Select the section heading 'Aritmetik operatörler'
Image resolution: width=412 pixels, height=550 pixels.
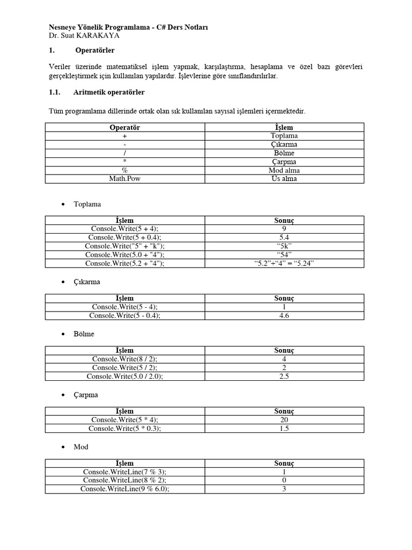point(109,92)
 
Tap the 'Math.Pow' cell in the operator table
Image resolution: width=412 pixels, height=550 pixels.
point(124,179)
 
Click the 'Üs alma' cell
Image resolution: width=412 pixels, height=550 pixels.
point(284,179)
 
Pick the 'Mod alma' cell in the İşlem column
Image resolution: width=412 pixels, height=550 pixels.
point(284,170)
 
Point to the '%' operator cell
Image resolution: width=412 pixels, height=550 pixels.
point(124,170)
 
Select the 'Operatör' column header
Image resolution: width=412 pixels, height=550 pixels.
point(124,127)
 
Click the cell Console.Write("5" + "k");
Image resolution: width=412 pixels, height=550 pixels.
point(124,246)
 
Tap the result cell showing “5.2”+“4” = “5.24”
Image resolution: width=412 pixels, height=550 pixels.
point(284,263)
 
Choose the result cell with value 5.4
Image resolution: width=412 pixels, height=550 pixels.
point(284,237)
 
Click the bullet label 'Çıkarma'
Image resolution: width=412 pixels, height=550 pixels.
point(87,281)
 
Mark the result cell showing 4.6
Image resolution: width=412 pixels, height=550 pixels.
point(284,316)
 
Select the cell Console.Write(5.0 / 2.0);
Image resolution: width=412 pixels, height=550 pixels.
point(124,377)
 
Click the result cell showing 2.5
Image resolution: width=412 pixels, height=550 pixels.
point(284,377)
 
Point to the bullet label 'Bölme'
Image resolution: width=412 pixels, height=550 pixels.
point(84,334)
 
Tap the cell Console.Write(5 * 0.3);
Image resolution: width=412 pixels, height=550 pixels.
point(124,429)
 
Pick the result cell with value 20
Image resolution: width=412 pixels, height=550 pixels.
point(284,420)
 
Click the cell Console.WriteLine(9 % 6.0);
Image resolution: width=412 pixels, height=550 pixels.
point(124,489)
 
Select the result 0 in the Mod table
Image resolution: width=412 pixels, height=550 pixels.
point(284,481)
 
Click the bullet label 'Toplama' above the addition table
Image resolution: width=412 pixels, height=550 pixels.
point(87,205)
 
